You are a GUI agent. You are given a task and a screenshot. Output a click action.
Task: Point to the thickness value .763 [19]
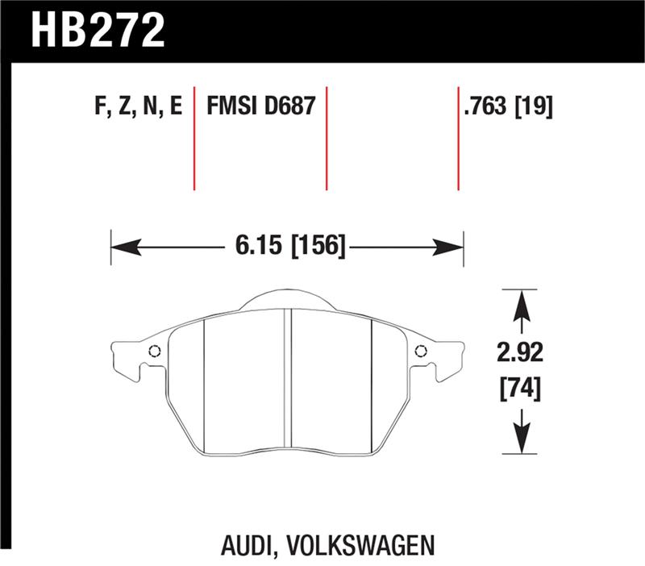pyautogui.click(x=507, y=106)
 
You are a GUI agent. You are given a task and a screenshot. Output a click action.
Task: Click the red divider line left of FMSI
pyautogui.click(x=194, y=137)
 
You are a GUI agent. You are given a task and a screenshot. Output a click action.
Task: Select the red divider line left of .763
pyautogui.click(x=458, y=137)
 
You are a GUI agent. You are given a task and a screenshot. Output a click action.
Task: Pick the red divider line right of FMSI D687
pyautogui.click(x=327, y=137)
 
